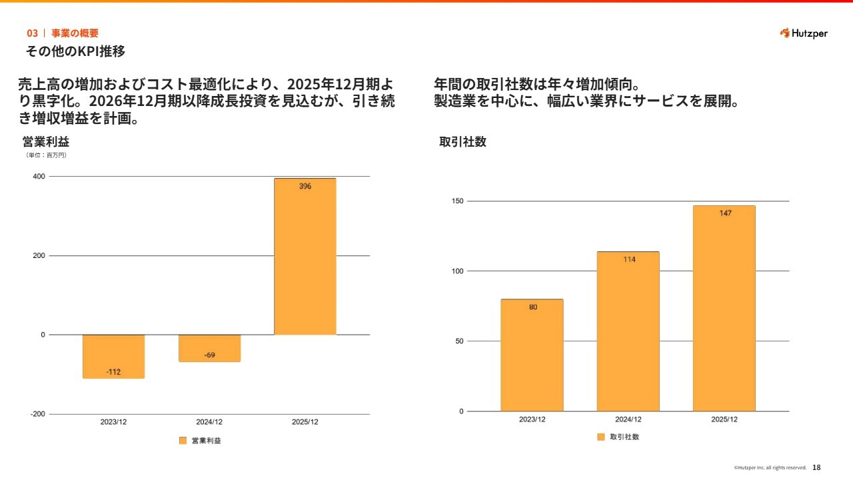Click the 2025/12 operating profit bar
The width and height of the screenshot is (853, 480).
coord(305,257)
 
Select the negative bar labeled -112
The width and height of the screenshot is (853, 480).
coord(113,357)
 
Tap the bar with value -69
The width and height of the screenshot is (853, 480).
coord(209,348)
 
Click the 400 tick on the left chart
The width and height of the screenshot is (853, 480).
coord(39,177)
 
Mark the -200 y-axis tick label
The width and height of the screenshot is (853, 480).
coord(37,414)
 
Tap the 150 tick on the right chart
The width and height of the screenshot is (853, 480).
coord(456,201)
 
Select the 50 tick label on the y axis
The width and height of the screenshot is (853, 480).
coord(458,341)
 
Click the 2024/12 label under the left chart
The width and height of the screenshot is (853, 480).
coord(209,422)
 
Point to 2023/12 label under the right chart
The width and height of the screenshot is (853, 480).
coord(532,419)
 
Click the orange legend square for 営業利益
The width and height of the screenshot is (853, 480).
coord(183,441)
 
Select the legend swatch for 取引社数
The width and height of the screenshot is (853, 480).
coord(600,437)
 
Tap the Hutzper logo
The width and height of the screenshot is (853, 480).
coord(803,33)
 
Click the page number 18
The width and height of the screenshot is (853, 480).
coord(816,467)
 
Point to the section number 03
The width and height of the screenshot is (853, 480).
coord(32,33)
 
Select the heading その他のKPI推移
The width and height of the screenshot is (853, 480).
coord(75,51)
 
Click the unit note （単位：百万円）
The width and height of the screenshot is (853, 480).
coord(46,155)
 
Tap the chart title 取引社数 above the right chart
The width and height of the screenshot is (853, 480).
coord(462,142)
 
